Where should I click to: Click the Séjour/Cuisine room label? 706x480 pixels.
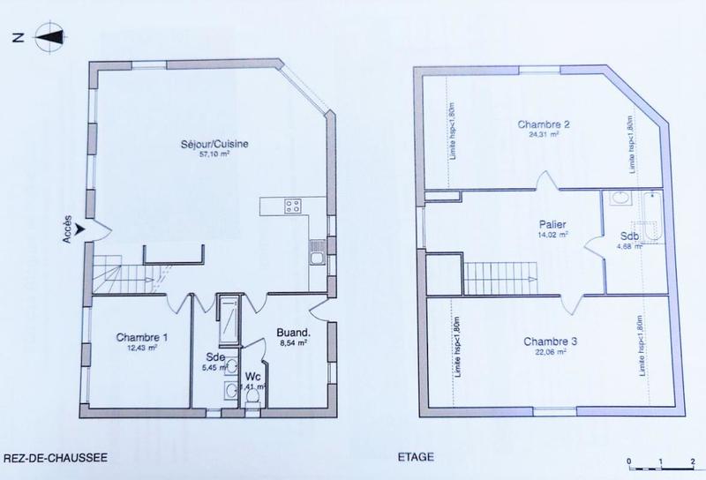[207, 144]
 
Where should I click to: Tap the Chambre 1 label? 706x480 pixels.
[141, 338]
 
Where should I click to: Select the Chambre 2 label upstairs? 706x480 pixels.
[544, 124]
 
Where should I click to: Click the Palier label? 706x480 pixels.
[555, 224]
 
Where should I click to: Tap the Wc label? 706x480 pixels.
[252, 375]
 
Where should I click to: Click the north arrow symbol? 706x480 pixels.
[49, 38]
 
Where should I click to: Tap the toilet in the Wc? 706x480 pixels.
[253, 399]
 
